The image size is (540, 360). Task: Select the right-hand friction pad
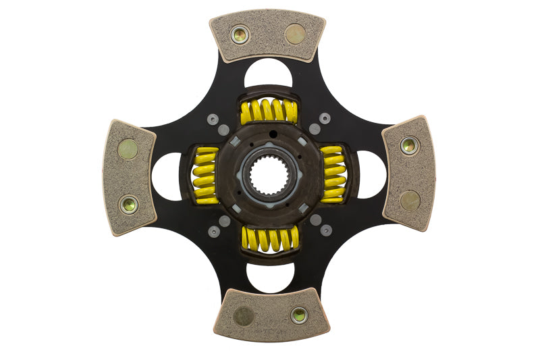[x=409, y=174]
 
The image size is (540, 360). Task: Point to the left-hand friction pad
[x=129, y=177]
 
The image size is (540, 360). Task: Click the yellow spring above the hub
[x=269, y=111]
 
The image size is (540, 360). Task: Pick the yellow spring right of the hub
[x=333, y=174]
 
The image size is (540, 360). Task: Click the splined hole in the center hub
[x=269, y=176]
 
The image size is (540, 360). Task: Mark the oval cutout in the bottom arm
[x=270, y=277]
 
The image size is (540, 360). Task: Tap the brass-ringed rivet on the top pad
[x=240, y=34]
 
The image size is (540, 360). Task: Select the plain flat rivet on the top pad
[x=295, y=34]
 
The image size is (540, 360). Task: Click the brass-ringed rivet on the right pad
[x=408, y=145]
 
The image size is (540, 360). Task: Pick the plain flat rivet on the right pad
[x=410, y=200]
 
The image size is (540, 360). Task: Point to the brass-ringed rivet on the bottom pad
[x=299, y=315]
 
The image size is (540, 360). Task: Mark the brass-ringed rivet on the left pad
[x=128, y=204]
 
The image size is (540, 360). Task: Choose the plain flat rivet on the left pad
[x=128, y=149]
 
